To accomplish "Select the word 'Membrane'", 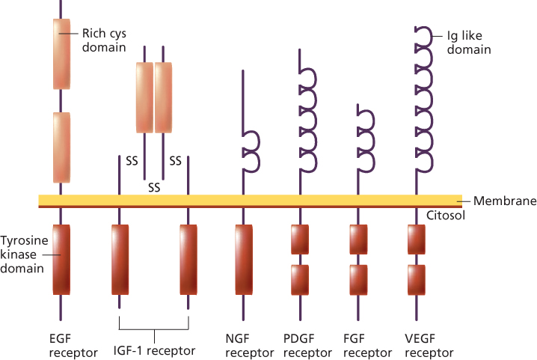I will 505,201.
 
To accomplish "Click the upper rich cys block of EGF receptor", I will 61,54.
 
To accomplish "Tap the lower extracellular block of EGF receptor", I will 61,147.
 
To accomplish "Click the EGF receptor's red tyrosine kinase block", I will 61,259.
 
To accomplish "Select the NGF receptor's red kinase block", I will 244,259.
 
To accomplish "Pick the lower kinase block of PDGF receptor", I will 300,279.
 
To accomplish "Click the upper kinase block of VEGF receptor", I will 417,239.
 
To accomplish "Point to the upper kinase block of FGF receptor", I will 358,239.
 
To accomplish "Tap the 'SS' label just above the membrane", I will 154,186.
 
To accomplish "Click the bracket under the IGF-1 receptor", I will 154,328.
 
